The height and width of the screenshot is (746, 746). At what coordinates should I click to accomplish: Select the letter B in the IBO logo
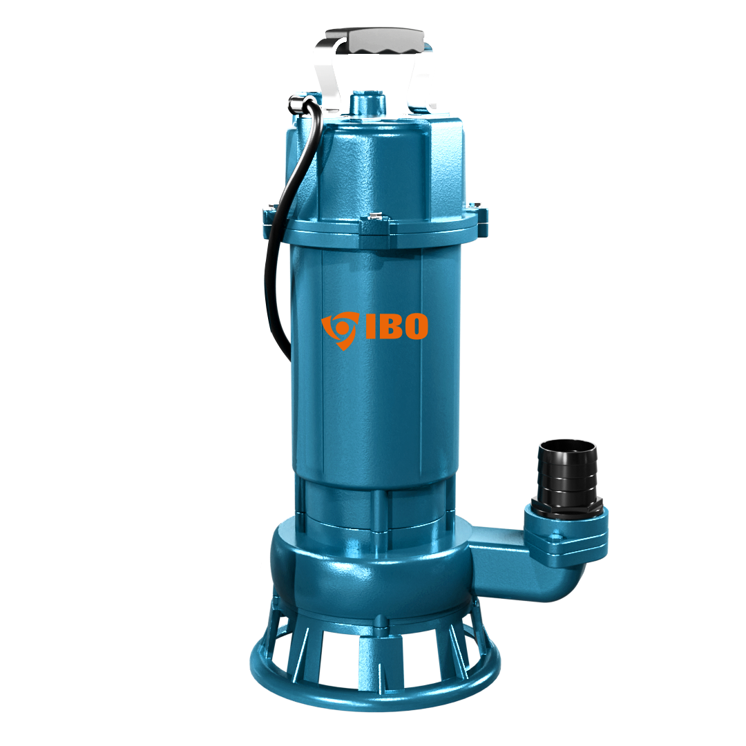(389, 326)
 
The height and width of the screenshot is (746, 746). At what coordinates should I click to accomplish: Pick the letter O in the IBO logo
(415, 326)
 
